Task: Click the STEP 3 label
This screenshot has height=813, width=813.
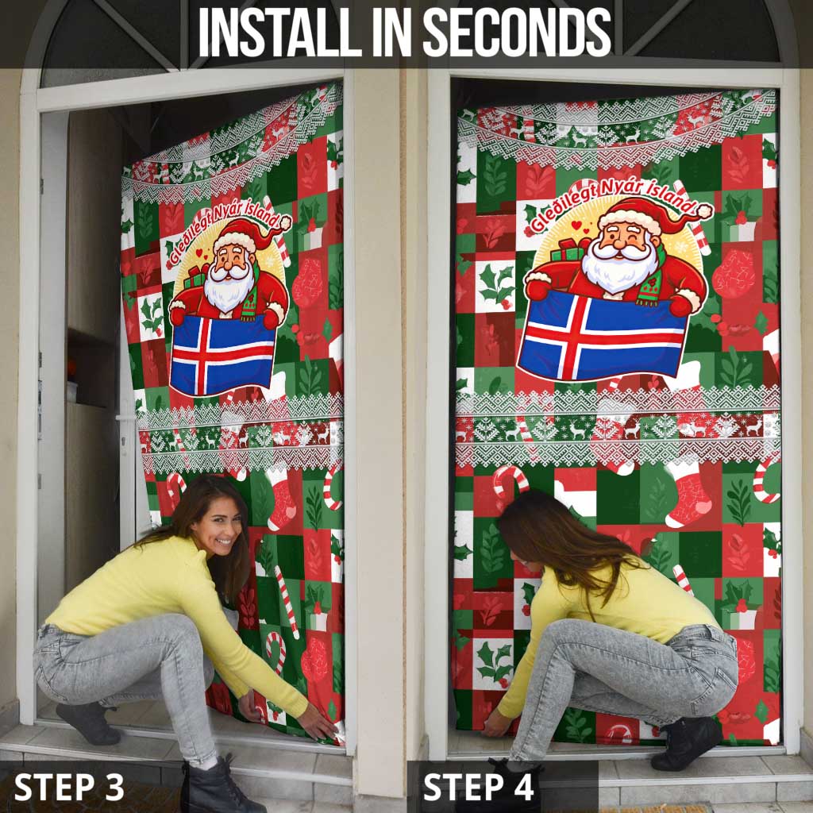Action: (69, 787)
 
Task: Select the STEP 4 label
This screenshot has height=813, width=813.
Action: (479, 787)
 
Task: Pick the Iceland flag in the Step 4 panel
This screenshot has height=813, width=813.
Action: (603, 334)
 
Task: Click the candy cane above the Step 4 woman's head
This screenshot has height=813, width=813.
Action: (510, 481)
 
